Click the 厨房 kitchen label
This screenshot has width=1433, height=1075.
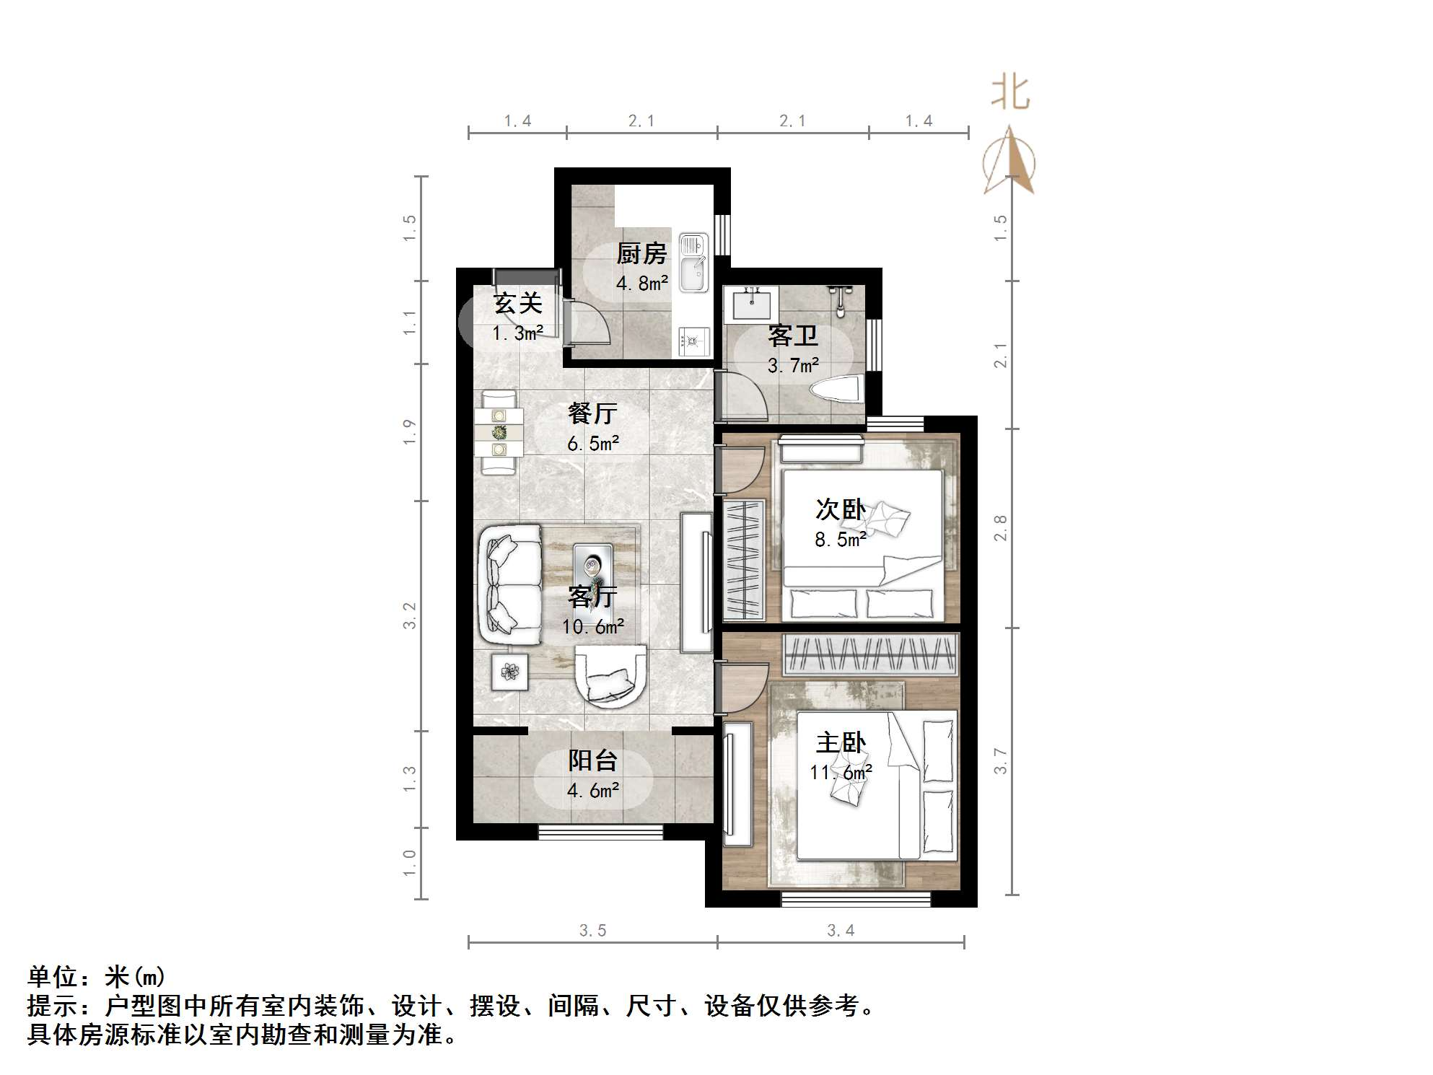[641, 253]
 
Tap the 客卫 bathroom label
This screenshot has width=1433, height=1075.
[792, 335]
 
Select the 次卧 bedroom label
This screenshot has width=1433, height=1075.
[840, 509]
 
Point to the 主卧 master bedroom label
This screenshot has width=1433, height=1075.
[840, 742]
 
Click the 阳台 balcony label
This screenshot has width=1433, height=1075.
[592, 760]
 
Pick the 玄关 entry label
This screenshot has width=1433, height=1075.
[517, 304]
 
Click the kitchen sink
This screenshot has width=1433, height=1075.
[693, 263]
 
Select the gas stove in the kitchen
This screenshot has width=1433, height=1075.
[694, 341]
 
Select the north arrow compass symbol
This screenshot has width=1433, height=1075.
[1009, 162]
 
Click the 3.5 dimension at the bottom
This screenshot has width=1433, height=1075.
[592, 931]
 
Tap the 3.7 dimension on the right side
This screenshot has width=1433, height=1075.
[1000, 761]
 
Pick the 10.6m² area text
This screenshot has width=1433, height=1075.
[592, 626]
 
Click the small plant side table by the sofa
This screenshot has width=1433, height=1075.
[509, 672]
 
